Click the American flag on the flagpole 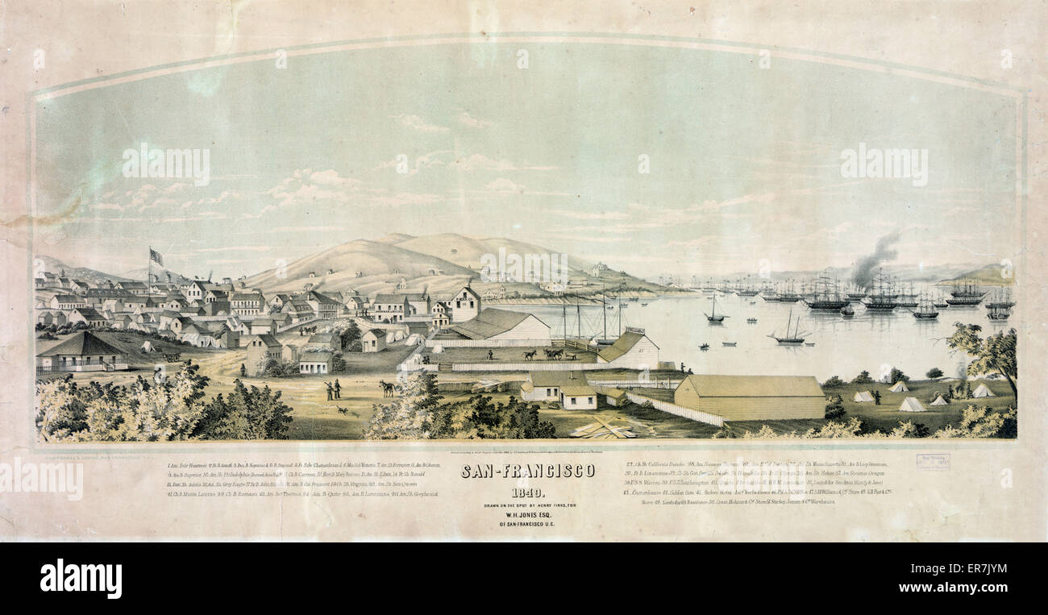(x=156, y=257)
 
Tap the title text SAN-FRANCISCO (x=528, y=472)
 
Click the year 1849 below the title (x=528, y=493)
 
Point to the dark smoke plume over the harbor (x=875, y=256)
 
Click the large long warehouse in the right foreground (x=750, y=397)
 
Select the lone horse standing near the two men (x=388, y=389)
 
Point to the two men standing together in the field (x=332, y=389)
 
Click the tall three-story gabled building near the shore (x=465, y=305)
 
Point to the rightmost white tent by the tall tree (x=981, y=391)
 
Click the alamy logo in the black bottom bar (x=81, y=579)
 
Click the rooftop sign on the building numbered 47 (x=635, y=330)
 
